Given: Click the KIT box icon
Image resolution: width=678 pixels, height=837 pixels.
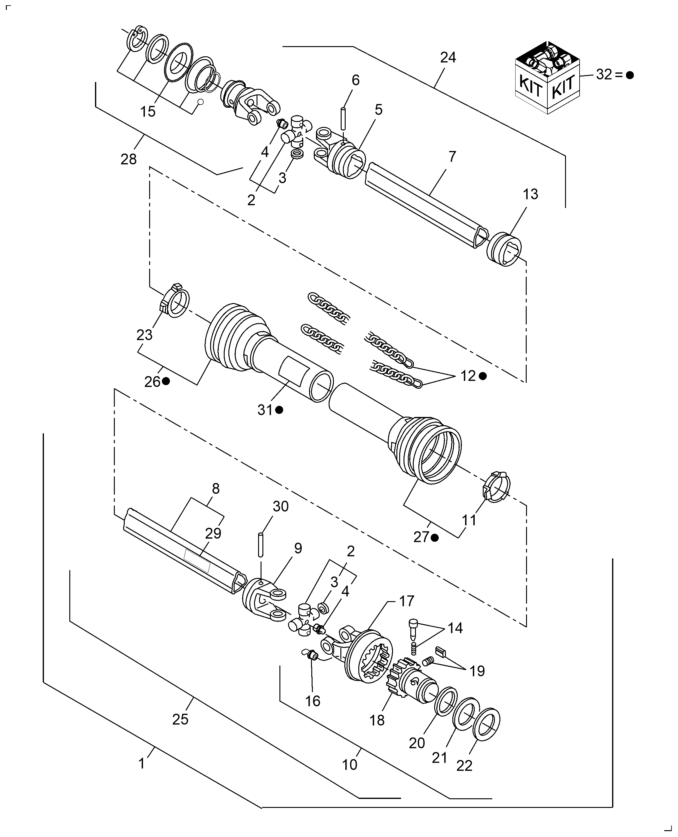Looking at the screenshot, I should coord(547,78).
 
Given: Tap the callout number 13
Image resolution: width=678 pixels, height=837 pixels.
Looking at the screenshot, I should coord(530,194).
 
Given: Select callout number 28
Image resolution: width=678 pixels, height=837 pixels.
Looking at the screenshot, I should coord(128,159).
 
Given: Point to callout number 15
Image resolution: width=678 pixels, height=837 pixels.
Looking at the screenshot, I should coord(148,112).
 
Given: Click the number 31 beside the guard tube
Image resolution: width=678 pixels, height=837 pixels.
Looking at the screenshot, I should coord(265,410).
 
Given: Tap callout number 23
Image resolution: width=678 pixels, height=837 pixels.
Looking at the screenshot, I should coord(145,335).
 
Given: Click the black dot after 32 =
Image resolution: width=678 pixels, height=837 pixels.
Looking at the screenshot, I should coord(629,76).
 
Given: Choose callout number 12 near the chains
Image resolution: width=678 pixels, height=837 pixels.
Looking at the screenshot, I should coord(468,376).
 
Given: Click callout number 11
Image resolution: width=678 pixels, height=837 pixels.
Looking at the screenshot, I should coord(469,520).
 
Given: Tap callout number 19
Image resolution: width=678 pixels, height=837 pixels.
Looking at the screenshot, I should coord(477,671).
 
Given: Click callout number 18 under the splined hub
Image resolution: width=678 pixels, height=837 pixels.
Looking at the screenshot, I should coord(377,720).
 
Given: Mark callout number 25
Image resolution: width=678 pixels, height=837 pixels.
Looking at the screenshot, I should coord(180,719).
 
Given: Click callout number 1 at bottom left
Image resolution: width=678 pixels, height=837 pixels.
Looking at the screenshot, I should coord(142,764).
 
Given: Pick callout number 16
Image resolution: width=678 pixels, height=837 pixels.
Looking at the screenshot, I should coord(313,701).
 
